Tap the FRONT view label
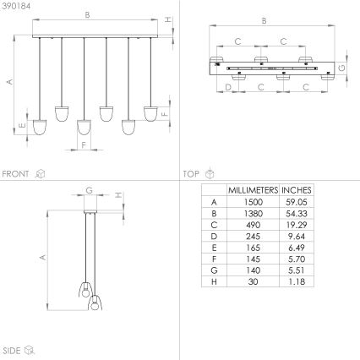click(16, 173)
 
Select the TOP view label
click(191, 173)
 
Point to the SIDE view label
click(12, 348)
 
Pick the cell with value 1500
click(254, 203)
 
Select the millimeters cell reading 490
click(254, 226)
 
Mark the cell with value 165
click(254, 251)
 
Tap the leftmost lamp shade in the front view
click(39, 128)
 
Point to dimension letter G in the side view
click(90, 191)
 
